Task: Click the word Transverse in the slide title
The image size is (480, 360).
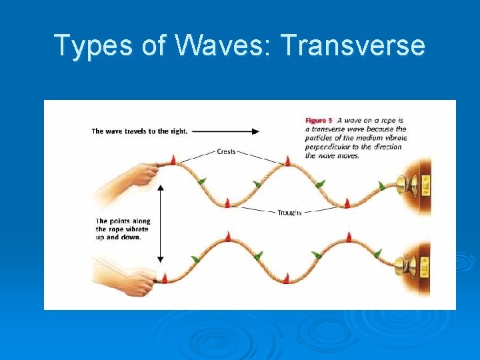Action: click(353, 45)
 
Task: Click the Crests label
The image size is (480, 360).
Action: click(226, 151)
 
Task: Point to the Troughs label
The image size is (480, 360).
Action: click(289, 212)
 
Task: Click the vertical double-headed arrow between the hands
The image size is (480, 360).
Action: click(160, 224)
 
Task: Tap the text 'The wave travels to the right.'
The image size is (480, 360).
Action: click(139, 131)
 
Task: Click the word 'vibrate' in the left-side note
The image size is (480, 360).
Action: click(137, 229)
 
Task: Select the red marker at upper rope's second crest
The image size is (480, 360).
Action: click(288, 160)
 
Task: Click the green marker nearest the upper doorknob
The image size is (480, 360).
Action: click(382, 185)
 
